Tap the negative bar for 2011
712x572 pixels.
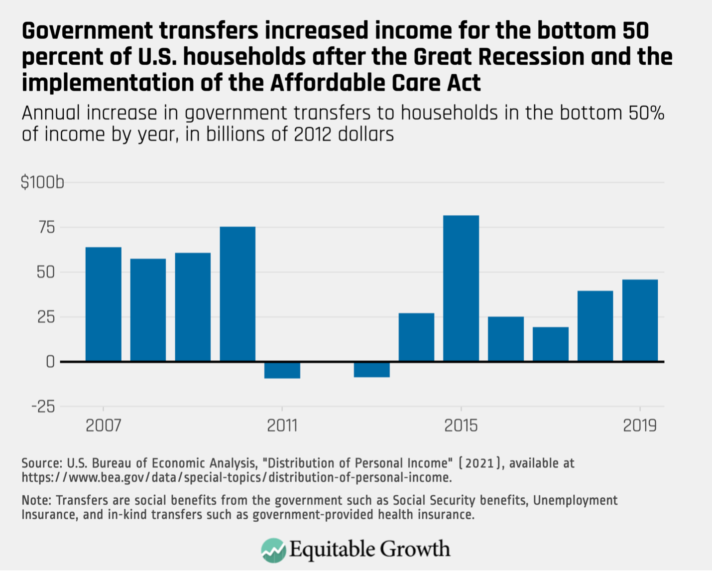282,370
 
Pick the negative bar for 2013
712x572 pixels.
371,370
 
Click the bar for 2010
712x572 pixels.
237,294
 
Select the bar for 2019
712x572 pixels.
640,320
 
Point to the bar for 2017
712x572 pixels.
550,344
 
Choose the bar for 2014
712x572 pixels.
416,337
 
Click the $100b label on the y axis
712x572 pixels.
42,183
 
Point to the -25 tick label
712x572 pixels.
43,407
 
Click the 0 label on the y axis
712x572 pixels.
50,362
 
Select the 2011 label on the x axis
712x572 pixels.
282,426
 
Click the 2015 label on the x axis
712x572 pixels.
461,426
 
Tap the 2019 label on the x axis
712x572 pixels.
640,426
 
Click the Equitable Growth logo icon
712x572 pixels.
273,550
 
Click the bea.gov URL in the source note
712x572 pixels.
237,477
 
